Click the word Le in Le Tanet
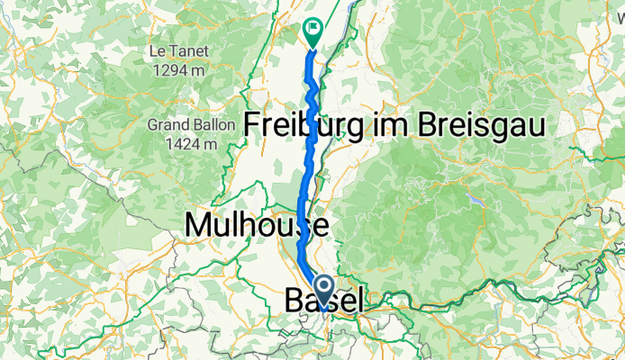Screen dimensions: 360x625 [157, 51]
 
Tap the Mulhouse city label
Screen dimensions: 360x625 [257, 225]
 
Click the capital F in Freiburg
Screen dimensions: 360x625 [253, 127]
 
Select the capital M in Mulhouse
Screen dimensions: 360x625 [199, 225]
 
